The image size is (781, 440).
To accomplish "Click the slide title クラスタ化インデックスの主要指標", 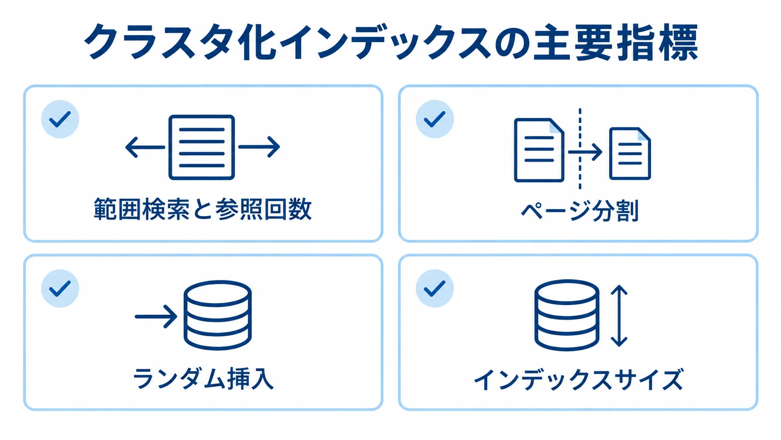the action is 391,42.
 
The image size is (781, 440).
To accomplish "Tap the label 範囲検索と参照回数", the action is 203,209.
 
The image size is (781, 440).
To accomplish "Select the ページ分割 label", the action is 580,210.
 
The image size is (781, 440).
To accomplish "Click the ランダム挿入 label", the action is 203,379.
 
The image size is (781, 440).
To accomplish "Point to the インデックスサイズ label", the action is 578,379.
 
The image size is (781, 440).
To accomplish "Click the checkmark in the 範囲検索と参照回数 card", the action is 60,119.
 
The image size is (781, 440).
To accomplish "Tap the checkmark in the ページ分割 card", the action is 434,119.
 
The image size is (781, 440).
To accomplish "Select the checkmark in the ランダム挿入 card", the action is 60,288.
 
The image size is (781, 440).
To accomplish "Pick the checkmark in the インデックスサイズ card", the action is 434,288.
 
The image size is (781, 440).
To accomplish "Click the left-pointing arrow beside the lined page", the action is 145,147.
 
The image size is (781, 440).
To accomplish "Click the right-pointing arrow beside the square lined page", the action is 259,147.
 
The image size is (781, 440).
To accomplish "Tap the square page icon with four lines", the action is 201,147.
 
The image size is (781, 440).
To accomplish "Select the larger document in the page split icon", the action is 539,150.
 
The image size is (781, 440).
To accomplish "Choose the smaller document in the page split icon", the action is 630,153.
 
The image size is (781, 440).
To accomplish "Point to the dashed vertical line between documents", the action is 580,149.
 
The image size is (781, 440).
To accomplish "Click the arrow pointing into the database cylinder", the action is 156,317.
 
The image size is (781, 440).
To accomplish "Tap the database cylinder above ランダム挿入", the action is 218,315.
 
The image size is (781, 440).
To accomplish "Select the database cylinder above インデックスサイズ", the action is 567,315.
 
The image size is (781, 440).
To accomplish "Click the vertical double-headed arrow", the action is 619,316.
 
